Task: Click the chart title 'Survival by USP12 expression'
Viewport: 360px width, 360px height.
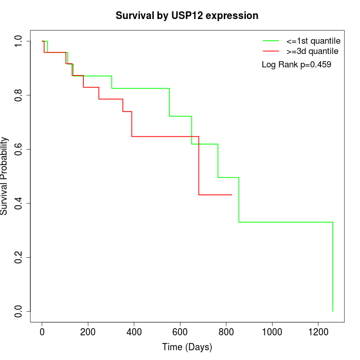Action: pyautogui.click(x=187, y=15)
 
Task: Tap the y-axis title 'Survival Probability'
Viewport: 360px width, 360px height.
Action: pyautogui.click(x=5, y=176)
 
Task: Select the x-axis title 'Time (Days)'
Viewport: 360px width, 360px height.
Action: pyautogui.click(x=187, y=347)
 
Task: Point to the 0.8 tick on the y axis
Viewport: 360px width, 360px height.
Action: pyautogui.click(x=19, y=95)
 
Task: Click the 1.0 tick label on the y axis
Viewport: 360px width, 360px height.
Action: pyautogui.click(x=19, y=41)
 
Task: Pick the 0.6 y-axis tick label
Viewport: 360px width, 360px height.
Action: pyautogui.click(x=19, y=149)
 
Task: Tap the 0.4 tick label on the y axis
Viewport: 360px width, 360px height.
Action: pyautogui.click(x=19, y=203)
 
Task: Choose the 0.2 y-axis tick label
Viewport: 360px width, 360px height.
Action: pyautogui.click(x=19, y=257)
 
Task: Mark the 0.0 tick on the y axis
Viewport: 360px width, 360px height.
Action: pyautogui.click(x=19, y=311)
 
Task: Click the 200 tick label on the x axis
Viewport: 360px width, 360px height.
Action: pyautogui.click(x=88, y=331)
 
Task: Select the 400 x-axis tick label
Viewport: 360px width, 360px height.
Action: pyautogui.click(x=134, y=331)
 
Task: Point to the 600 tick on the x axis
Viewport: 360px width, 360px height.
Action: pyautogui.click(x=180, y=331)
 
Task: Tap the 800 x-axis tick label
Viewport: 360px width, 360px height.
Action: pyautogui.click(x=226, y=331)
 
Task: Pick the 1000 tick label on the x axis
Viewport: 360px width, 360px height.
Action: pyautogui.click(x=272, y=331)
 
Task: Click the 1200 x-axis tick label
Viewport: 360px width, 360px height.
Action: pyautogui.click(x=317, y=331)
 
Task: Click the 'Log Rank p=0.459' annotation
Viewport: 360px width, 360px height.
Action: pyautogui.click(x=296, y=65)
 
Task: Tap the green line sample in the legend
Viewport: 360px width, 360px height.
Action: pyautogui.click(x=271, y=41)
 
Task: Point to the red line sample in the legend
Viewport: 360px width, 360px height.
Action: pyautogui.click(x=271, y=51)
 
